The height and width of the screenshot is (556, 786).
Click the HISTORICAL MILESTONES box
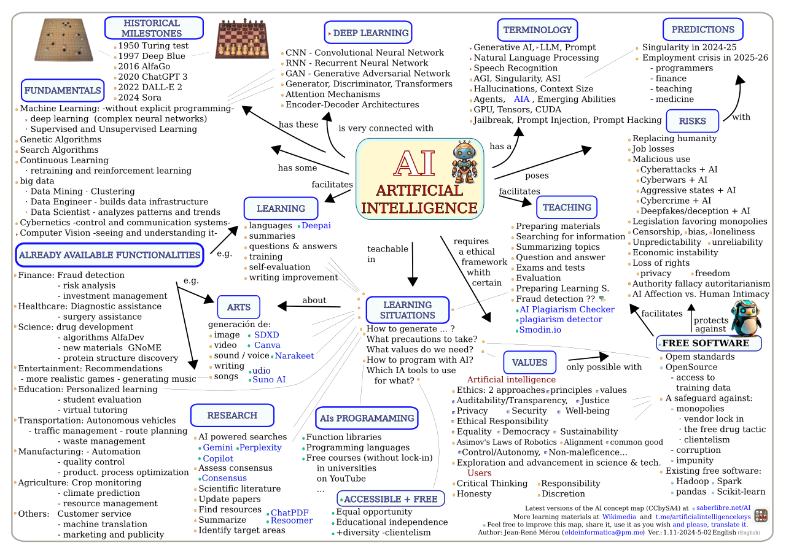[154, 28]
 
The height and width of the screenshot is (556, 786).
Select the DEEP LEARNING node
[368, 33]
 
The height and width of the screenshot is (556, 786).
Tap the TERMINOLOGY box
[537, 30]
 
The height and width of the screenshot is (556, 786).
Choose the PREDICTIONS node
[702, 29]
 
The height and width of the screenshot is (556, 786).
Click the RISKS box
[692, 121]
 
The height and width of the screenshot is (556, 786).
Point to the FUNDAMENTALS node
[63, 90]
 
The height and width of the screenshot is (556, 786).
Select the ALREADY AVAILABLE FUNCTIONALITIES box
[109, 255]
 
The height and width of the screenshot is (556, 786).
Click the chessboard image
[242, 39]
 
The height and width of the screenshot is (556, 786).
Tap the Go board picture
[63, 40]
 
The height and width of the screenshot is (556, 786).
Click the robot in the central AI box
[464, 162]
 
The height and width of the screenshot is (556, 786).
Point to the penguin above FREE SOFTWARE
[746, 317]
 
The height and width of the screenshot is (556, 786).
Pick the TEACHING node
[567, 207]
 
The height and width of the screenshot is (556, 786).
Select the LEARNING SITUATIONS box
[408, 310]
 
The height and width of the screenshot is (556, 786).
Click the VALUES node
[529, 362]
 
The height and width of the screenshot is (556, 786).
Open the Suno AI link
[269, 380]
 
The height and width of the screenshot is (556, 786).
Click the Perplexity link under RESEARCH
[260, 447]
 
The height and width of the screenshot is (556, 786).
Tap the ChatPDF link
[290, 512]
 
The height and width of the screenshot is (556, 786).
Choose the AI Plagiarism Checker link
[567, 309]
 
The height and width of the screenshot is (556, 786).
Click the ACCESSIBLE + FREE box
[391, 499]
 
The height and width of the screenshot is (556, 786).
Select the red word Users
[479, 473]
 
